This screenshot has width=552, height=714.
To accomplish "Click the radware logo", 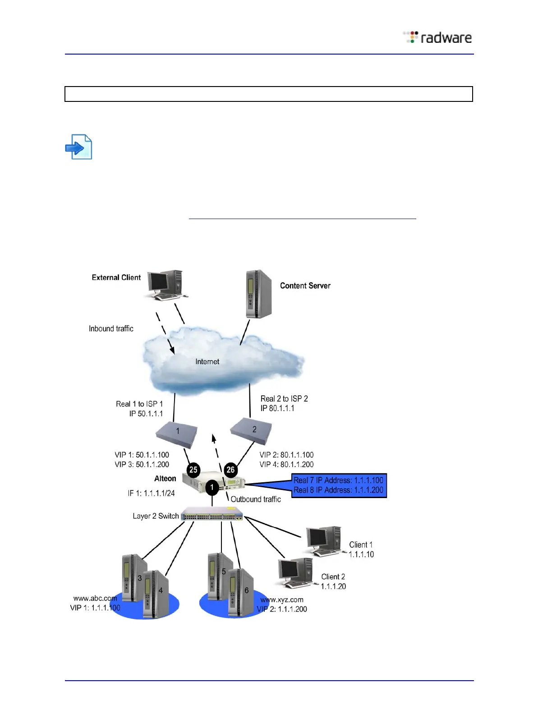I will click(x=437, y=37).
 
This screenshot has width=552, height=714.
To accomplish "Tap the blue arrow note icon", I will click(x=79, y=147).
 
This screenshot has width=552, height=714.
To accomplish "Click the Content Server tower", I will click(x=258, y=294).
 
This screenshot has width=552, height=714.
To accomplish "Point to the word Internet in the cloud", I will click(x=207, y=362).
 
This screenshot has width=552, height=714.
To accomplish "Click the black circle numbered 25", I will click(x=193, y=470).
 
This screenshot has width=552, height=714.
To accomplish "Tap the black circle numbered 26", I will click(x=230, y=470).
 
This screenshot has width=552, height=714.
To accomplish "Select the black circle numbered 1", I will click(x=212, y=487).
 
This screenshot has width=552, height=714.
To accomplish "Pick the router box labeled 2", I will click(x=252, y=430).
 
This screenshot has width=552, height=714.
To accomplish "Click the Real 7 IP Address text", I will click(x=338, y=480).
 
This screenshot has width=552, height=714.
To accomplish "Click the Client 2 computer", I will click(x=295, y=572).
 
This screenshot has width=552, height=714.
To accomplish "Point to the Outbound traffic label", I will click(x=256, y=499).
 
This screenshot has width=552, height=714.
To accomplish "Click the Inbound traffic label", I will click(x=111, y=329).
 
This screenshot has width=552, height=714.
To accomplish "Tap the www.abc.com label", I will click(x=95, y=598).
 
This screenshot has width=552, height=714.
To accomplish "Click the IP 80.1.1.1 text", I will click(x=277, y=408).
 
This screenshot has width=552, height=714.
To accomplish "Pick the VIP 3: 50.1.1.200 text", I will click(x=142, y=464).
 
